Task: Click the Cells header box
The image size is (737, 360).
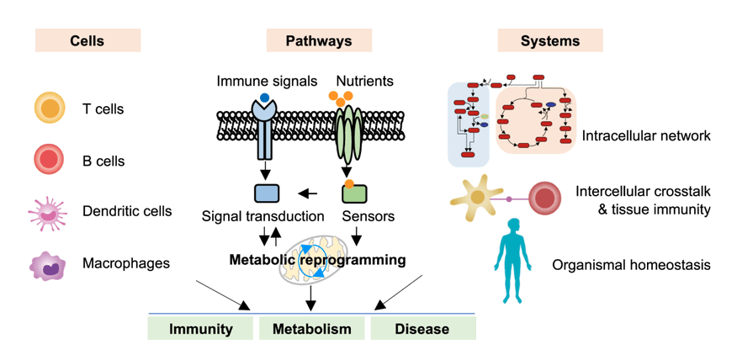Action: [87, 40]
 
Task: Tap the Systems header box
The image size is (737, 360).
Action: [550, 40]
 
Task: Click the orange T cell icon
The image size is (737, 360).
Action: [50, 109]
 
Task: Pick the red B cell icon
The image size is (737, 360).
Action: [50, 159]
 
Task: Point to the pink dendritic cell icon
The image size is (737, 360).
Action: [50, 211]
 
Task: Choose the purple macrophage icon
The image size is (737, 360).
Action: [50, 265]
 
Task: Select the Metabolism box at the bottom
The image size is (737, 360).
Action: [311, 329]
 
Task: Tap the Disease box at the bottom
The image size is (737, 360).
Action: [422, 329]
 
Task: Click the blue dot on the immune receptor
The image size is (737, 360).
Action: [264, 98]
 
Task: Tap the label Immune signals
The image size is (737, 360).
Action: [267, 82]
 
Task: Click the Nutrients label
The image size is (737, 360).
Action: [363, 82]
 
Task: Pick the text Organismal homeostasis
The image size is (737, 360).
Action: [631, 265]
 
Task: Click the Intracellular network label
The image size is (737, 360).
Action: [646, 135]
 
